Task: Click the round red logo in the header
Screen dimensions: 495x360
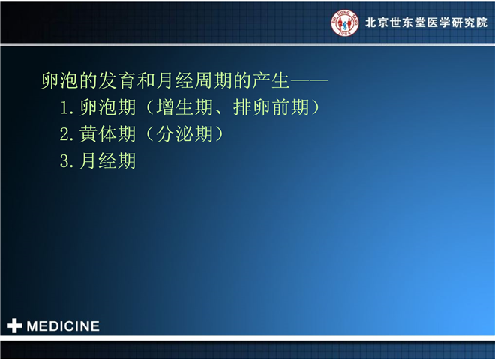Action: click(345, 22)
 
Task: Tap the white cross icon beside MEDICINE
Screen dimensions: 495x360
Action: click(14, 325)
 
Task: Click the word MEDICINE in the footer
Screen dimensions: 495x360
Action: click(63, 326)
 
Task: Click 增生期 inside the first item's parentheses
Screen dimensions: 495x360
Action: click(184, 107)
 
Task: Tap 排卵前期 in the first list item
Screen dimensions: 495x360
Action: click(271, 107)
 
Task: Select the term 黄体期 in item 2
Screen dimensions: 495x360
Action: click(108, 134)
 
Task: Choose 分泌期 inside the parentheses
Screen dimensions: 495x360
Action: click(184, 134)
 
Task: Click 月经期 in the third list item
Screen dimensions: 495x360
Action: click(108, 161)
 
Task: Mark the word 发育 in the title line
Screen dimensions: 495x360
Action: click(117, 80)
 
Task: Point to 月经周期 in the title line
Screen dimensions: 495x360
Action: click(194, 80)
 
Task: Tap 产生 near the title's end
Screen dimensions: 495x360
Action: click(271, 80)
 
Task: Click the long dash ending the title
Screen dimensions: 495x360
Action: click(310, 80)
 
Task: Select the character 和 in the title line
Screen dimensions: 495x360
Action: click(146, 80)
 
